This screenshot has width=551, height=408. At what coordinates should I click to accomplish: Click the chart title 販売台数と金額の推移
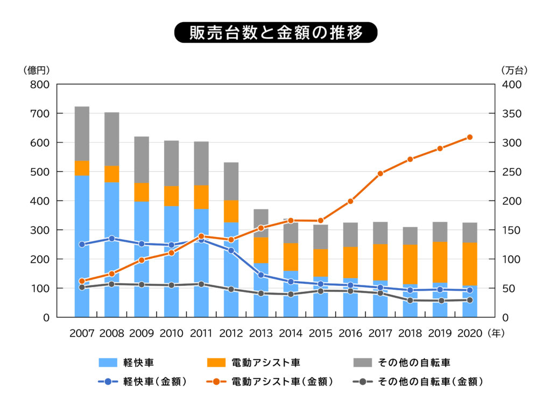pyautogui.click(x=275, y=32)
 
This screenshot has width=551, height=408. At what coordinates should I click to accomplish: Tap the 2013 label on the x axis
pyautogui.click(x=262, y=333)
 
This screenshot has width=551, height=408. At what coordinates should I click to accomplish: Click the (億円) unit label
pyautogui.click(x=37, y=70)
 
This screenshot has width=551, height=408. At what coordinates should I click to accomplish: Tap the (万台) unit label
pyautogui.click(x=514, y=70)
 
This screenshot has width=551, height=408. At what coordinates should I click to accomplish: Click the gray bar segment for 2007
pyautogui.click(x=82, y=133)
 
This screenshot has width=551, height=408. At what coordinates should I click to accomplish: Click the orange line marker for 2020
pyautogui.click(x=470, y=137)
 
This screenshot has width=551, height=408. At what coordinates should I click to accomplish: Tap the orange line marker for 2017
pyautogui.click(x=380, y=174)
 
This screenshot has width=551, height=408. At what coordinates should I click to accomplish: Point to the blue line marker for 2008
pyautogui.click(x=112, y=238)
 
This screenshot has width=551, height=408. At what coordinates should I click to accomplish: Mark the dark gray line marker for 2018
pyautogui.click(x=410, y=300)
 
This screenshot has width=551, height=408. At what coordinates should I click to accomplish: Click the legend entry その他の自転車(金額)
pyautogui.click(x=418, y=382)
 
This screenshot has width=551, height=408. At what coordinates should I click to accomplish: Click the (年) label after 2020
pyautogui.click(x=496, y=333)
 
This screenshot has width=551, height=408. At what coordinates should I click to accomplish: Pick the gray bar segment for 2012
pyautogui.click(x=231, y=181)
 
